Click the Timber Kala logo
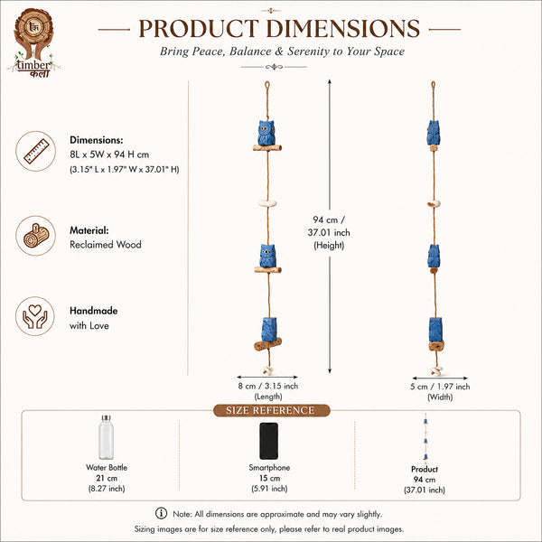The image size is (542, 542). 33,42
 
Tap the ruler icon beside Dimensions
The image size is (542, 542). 35,151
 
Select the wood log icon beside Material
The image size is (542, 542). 35,236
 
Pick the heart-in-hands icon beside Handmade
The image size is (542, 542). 35,316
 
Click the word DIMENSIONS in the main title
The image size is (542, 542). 342,28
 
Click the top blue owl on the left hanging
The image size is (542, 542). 266,133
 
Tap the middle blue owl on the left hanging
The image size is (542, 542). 267,256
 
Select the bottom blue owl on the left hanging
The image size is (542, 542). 269,329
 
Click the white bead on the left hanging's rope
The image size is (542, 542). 267,203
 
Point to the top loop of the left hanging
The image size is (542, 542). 266,85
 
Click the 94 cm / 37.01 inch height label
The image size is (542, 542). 329,232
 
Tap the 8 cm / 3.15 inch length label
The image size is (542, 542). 268,391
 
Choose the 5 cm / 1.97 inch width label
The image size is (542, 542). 440,391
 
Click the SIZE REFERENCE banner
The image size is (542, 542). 271,410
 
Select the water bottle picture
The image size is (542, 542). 106,437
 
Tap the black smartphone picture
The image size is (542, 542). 269,441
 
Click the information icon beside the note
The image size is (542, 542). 161,513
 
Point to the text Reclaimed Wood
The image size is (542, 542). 106,245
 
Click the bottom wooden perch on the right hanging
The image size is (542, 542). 436,345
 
